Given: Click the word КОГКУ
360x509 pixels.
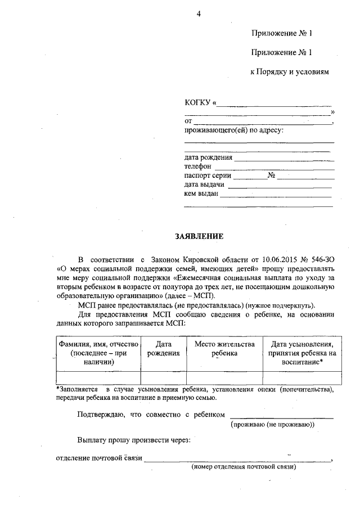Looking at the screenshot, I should tap(197, 103).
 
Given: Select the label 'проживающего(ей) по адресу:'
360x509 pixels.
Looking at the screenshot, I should tap(234, 130).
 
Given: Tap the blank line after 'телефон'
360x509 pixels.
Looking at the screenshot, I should tap(274, 167).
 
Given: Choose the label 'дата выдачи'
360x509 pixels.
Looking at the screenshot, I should tap(204, 184).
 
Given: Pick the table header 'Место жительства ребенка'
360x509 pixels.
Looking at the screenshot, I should tap(224, 348).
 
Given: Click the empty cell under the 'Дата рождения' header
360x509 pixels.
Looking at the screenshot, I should tap(163, 377).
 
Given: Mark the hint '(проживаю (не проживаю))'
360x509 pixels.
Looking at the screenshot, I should tap(273, 425).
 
